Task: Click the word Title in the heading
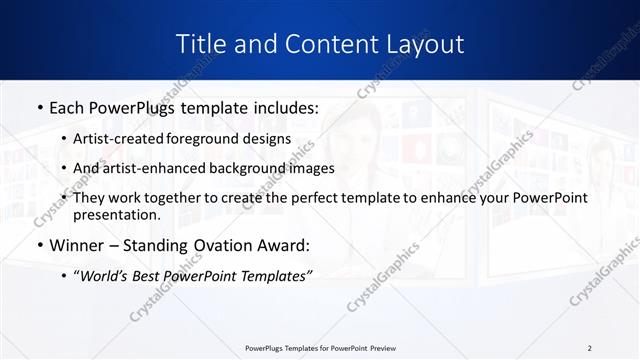[200, 45]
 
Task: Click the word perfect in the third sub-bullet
[308, 198]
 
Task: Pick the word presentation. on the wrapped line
[116, 214]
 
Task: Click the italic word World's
[105, 276]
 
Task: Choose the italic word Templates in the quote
[275, 276]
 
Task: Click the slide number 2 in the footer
[589, 348]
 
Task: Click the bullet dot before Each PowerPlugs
[38, 107]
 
